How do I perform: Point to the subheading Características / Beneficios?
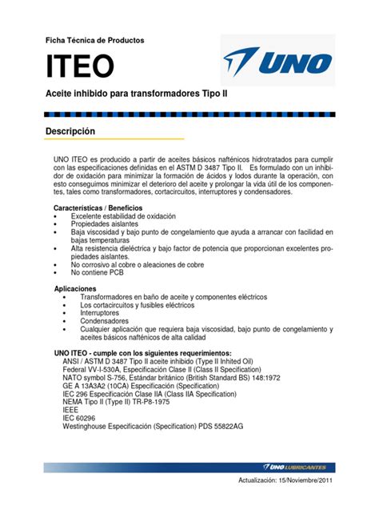coord(98,207)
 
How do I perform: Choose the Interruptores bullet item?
coord(106,313)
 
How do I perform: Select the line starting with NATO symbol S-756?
coord(170,377)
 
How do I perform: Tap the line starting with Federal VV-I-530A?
coord(163,369)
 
